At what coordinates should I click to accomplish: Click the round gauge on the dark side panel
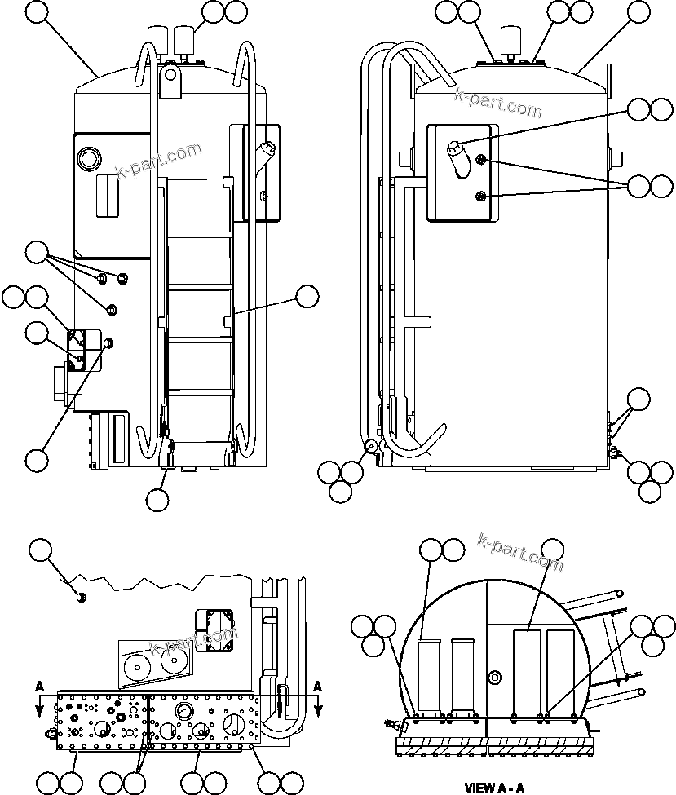click(x=89, y=156)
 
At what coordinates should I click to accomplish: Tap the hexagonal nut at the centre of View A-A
click(x=494, y=678)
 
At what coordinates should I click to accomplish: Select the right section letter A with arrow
click(x=318, y=686)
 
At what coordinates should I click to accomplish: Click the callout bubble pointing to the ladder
click(x=307, y=297)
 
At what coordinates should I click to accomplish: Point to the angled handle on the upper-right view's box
click(x=457, y=155)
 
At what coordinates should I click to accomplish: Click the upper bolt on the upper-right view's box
click(x=482, y=161)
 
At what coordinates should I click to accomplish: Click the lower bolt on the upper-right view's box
click(x=482, y=196)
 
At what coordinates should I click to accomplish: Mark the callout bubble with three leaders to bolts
click(x=37, y=253)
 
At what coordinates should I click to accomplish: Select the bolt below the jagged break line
click(x=81, y=598)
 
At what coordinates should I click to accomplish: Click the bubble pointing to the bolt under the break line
click(x=41, y=552)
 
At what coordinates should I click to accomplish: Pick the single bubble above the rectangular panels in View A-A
click(x=553, y=550)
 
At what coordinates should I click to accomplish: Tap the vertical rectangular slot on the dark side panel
click(x=106, y=196)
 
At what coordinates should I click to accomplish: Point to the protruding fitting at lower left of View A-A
click(x=393, y=722)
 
